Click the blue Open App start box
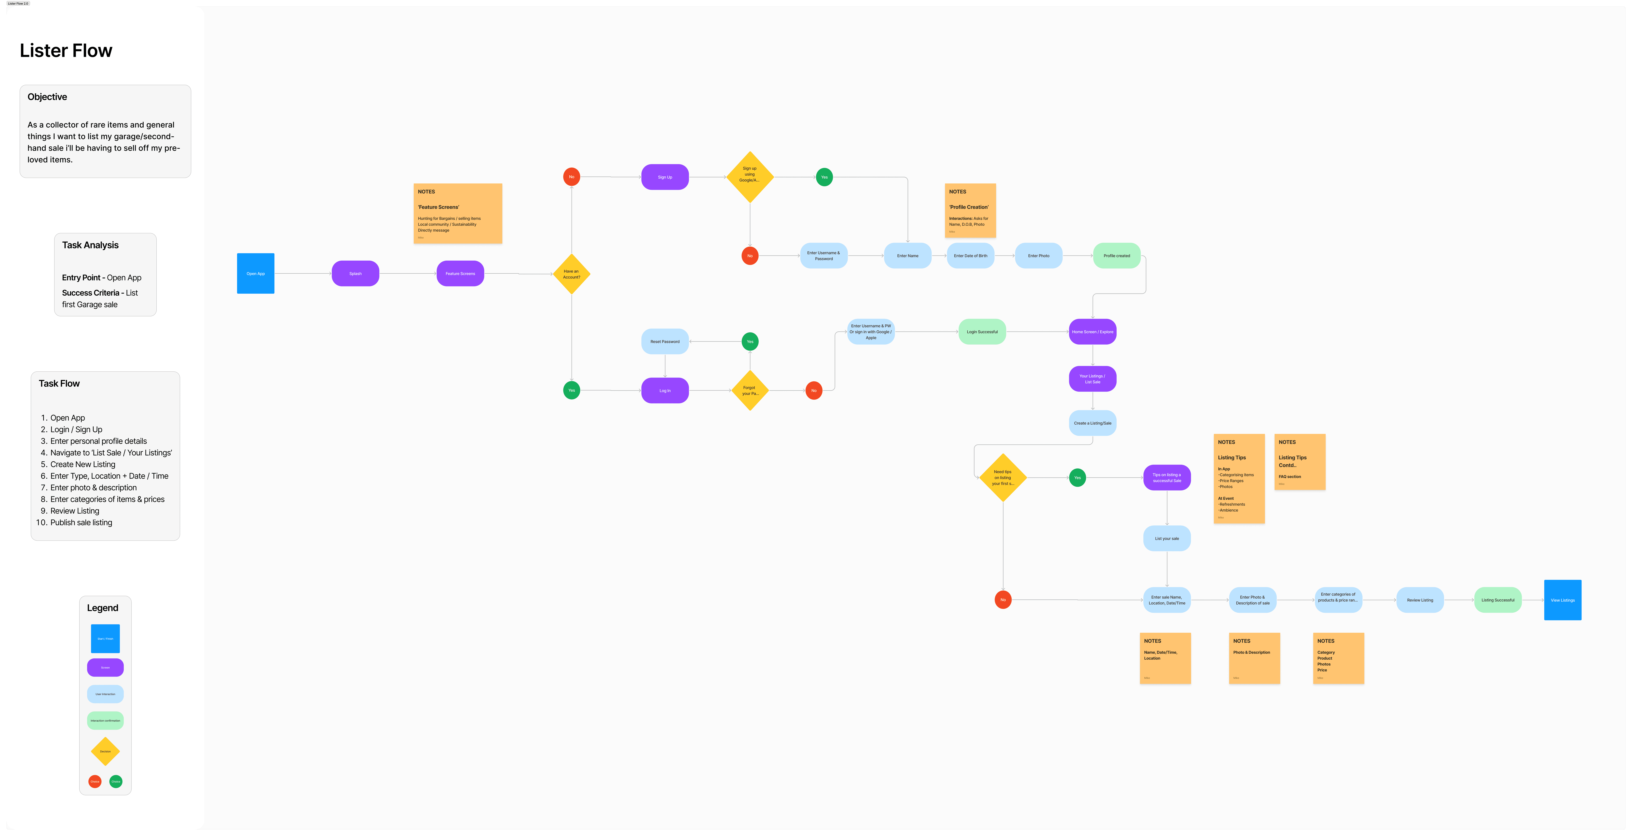[255, 273]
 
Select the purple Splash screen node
[355, 273]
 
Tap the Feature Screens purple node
[460, 273]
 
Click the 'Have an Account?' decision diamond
[571, 274]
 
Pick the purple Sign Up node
[665, 177]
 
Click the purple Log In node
[665, 390]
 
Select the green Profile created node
[1116, 255]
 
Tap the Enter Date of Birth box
[970, 255]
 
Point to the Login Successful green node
[982, 332]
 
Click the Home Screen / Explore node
[1092, 332]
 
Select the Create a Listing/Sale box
[1092, 423]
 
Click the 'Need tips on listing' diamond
[1003, 477]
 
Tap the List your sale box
[1166, 538]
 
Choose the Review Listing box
[1420, 600]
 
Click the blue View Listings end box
[1562, 600]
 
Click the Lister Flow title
[66, 51]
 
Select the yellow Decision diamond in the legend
[105, 751]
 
